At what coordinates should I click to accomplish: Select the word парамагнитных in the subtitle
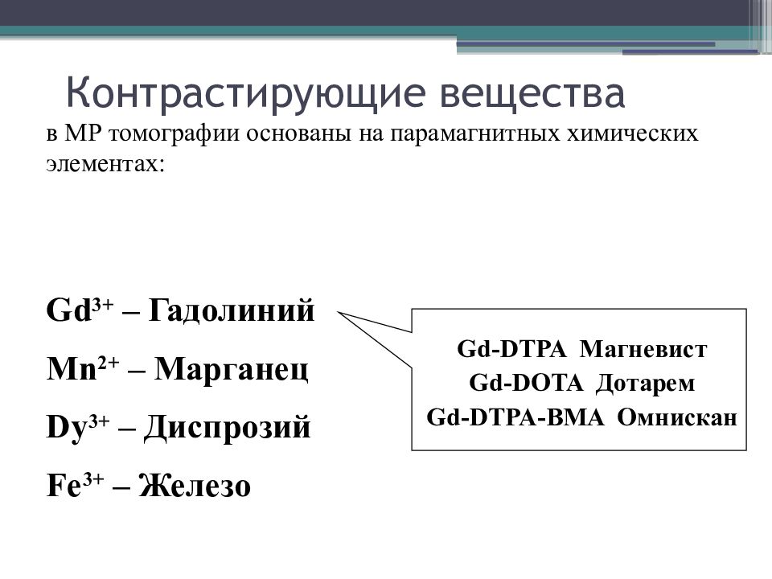point(474,134)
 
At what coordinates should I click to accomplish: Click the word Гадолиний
point(231,310)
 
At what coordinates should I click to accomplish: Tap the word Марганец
point(231,369)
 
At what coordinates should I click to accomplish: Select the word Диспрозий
point(227,427)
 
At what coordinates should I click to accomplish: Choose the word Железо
point(195,485)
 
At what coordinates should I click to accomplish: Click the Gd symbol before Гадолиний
point(69,310)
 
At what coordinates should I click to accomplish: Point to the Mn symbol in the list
point(72,369)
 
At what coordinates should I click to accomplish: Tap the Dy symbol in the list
point(67,428)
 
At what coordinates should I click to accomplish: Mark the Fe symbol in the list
point(64,486)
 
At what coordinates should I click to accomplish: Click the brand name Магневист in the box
point(643,350)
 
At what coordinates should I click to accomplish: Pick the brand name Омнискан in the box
point(677,417)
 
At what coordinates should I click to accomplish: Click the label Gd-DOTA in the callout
point(526,383)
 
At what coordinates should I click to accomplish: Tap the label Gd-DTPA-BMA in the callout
point(515,417)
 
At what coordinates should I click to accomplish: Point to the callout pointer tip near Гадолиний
point(338,312)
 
